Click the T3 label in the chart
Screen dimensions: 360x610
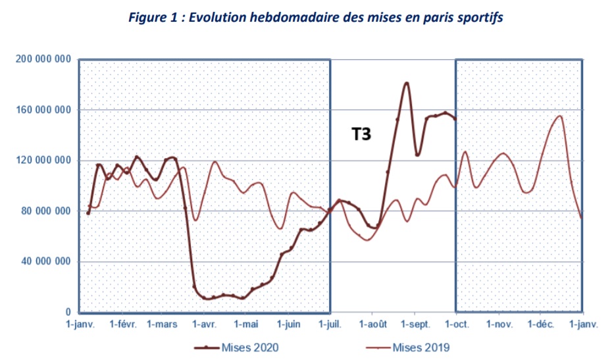pos(361,135)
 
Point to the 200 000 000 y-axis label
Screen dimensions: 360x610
pos(43,59)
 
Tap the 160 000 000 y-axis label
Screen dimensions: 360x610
pos(43,110)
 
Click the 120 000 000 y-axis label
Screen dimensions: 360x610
pos(43,161)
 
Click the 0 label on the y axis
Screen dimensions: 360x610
pos(68,313)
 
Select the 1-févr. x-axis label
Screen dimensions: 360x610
pos(122,324)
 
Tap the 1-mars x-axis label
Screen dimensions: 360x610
pos(162,324)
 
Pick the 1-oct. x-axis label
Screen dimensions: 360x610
pos(456,324)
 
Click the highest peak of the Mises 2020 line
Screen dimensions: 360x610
pos(407,83)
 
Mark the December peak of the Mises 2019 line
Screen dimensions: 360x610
pos(560,116)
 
